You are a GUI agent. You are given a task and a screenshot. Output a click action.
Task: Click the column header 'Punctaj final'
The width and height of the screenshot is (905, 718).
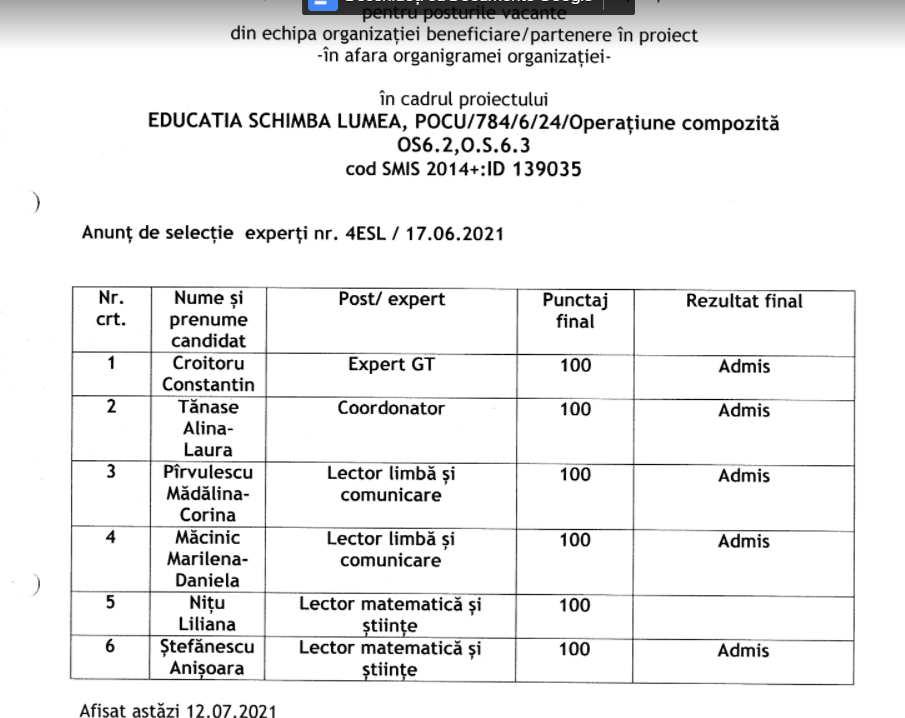point(575,311)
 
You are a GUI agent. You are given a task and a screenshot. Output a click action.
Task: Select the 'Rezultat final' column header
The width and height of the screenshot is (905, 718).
point(744,301)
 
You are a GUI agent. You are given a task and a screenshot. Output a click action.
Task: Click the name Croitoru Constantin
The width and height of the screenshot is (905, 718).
point(209,374)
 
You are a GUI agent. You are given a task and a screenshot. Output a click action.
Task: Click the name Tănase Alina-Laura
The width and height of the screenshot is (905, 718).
point(209,429)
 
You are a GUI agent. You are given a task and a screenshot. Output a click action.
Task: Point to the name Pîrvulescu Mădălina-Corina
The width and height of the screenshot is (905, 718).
point(209,494)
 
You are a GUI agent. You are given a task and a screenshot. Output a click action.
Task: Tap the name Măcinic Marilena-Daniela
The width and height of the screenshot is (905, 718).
point(209,559)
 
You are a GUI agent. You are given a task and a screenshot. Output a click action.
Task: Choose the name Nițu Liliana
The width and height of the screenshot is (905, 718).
point(209,614)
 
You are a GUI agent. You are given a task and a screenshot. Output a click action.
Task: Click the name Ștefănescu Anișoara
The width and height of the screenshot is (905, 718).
point(209,659)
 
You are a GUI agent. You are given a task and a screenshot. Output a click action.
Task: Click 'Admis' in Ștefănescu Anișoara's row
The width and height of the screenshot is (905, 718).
point(744,651)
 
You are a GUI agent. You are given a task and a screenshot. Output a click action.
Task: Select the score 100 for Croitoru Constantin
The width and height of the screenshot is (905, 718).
point(575,366)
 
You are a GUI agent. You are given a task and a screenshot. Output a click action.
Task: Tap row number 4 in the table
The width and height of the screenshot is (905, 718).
point(111,538)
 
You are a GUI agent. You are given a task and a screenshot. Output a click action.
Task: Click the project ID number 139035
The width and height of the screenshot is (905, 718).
point(547,169)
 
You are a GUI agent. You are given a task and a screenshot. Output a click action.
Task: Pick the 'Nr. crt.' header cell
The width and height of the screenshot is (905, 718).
point(111,309)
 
